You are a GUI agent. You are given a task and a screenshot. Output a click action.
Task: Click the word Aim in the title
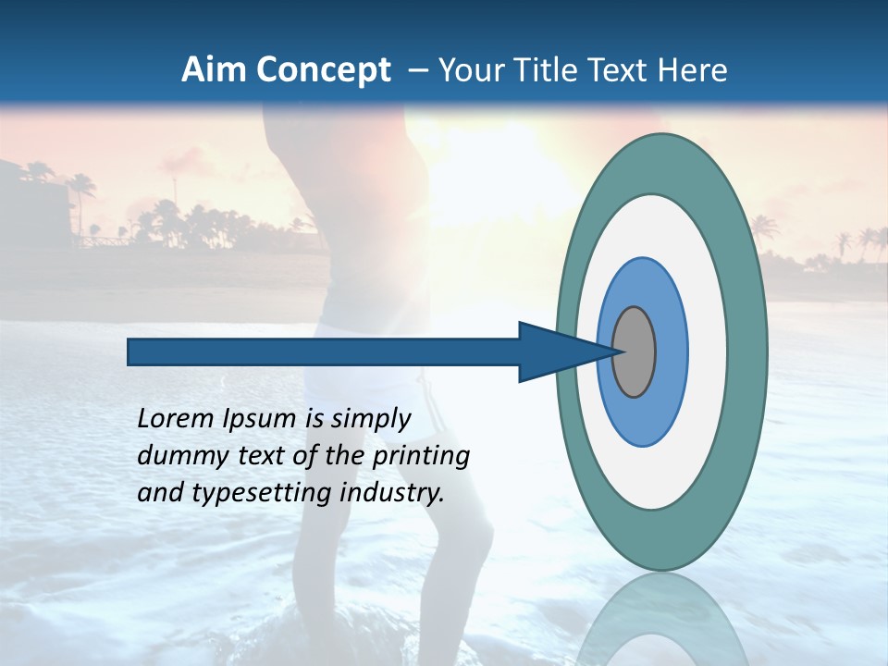click(x=212, y=70)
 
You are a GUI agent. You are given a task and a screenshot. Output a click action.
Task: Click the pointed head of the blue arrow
click(x=555, y=351)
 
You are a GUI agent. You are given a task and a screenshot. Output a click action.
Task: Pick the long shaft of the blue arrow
click(x=324, y=351)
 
